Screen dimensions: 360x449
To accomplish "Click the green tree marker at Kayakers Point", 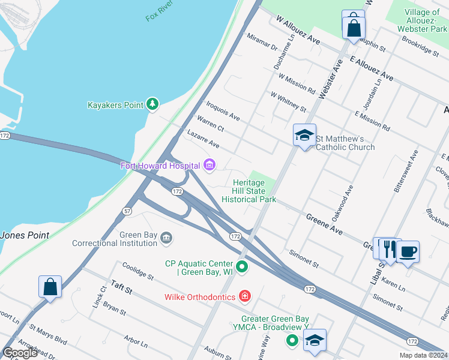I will [x=153, y=105].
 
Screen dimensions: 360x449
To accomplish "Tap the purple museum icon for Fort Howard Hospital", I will [x=209, y=165].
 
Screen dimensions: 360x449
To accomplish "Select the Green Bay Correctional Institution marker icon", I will [x=166, y=239].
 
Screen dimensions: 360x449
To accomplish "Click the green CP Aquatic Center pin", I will [x=242, y=266].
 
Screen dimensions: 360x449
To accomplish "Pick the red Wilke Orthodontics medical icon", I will [x=244, y=296].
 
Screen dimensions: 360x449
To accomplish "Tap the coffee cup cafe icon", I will [x=408, y=252].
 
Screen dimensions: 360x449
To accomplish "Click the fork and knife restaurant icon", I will [x=390, y=249].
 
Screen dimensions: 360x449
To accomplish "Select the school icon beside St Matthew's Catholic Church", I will [x=304, y=136].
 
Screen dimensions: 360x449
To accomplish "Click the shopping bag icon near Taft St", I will [x=50, y=287].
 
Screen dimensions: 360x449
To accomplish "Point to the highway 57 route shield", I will [x=127, y=211].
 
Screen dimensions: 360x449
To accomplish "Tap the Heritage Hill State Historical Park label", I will [x=249, y=191].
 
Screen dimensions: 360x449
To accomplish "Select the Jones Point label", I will [x=25, y=236].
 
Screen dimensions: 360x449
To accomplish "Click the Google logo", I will [x=20, y=353].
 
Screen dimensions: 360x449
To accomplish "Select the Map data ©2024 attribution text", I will [x=424, y=355].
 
